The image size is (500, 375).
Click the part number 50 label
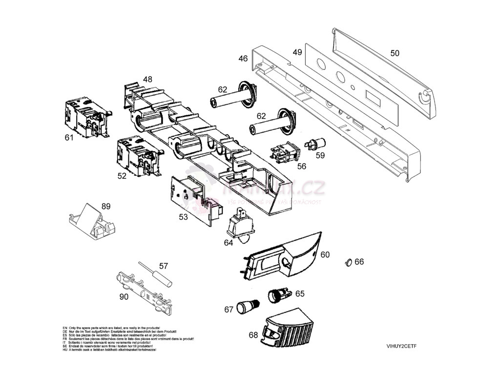(x=395, y=53)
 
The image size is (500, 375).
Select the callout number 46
(x=243, y=59)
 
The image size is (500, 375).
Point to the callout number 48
(x=147, y=79)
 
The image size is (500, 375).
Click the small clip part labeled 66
(x=348, y=263)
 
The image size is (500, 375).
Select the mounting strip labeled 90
(x=145, y=292)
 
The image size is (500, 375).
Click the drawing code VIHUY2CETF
(x=401, y=346)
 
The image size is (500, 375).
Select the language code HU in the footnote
(x=65, y=350)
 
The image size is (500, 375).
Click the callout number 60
(x=325, y=254)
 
